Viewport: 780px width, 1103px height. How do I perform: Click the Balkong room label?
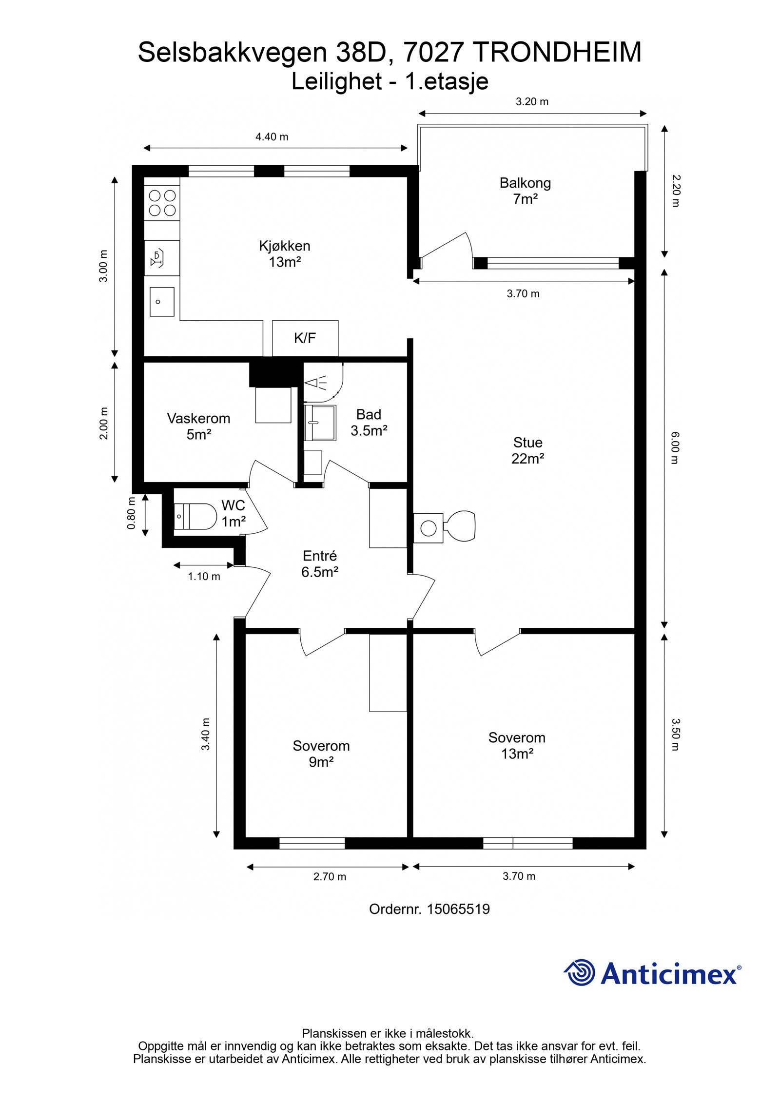coord(525,191)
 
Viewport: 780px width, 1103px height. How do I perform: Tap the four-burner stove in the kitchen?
coord(162,203)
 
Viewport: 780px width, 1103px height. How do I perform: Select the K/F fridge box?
coord(305,338)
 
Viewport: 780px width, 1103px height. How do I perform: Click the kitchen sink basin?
coord(162,302)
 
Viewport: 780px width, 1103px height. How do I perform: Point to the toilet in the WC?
coord(195,516)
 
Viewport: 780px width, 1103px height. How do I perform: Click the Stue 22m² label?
coord(528,450)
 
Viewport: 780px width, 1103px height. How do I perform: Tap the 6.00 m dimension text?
coord(675,448)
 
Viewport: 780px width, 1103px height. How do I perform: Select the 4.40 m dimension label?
coord(272,137)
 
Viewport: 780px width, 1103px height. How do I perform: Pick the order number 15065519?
coord(458,909)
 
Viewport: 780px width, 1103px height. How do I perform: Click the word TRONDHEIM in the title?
coord(558,53)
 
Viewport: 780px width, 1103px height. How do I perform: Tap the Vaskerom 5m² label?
coord(198,426)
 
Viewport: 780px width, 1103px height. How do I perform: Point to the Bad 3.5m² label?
coord(369,423)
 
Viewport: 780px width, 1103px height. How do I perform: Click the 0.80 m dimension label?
coord(131,513)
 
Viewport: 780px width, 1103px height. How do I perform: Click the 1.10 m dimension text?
coord(204,577)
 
